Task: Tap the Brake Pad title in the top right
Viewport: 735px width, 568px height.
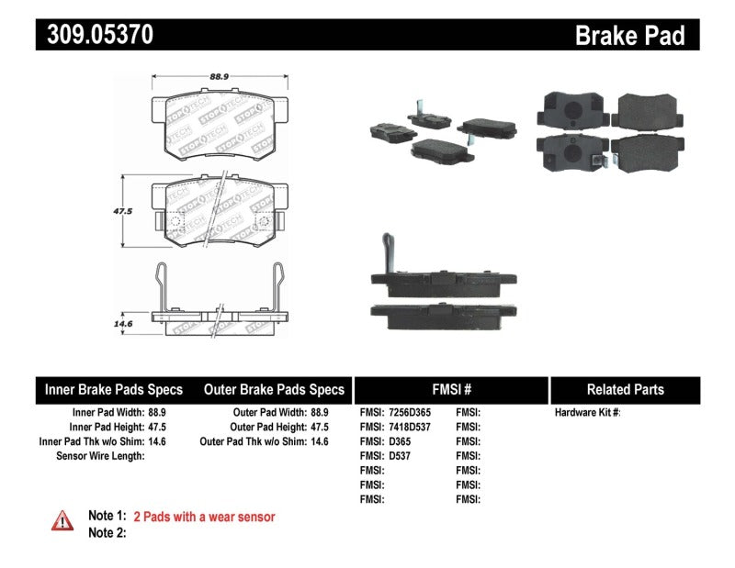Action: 629,35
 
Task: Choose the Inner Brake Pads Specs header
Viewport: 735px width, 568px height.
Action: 114,389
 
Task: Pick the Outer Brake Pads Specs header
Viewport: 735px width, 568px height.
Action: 274,389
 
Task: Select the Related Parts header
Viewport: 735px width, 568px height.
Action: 625,389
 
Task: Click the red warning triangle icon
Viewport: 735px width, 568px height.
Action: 62,520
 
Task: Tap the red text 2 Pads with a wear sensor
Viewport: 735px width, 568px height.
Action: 204,518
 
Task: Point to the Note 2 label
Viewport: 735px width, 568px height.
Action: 106,532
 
